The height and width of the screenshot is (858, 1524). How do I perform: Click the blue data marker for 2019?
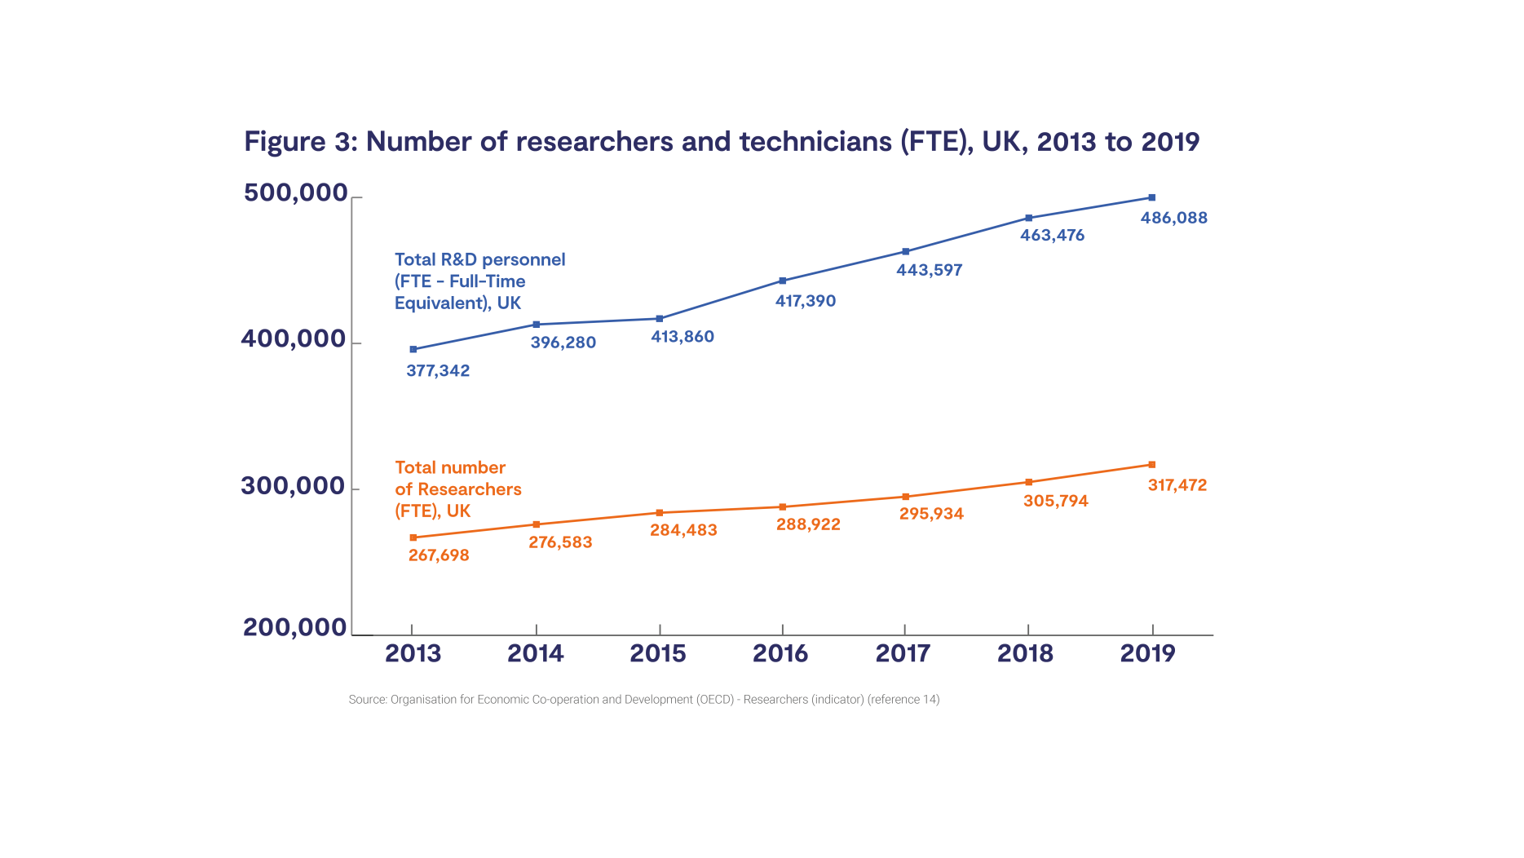pyautogui.click(x=1151, y=197)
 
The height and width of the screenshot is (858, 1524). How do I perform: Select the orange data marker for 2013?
pyautogui.click(x=413, y=537)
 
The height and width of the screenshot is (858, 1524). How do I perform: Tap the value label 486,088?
pyautogui.click(x=1173, y=218)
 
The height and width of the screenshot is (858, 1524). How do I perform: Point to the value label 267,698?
pyautogui.click(x=439, y=555)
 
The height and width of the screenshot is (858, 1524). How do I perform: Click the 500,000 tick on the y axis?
pyautogui.click(x=296, y=192)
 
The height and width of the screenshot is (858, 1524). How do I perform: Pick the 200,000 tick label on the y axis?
pyautogui.click(x=295, y=627)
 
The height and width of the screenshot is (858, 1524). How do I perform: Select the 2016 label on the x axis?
pyautogui.click(x=780, y=653)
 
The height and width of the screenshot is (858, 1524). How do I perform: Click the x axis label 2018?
pyautogui.click(x=1025, y=653)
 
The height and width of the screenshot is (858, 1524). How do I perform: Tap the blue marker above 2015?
pyautogui.click(x=660, y=319)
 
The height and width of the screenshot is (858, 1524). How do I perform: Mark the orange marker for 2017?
pyautogui.click(x=906, y=497)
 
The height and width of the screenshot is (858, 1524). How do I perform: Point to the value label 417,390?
pyautogui.click(x=805, y=301)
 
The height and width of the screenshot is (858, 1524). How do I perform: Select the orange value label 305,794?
pyautogui.click(x=1055, y=501)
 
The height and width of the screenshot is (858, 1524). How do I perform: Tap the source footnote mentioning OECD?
pyautogui.click(x=643, y=700)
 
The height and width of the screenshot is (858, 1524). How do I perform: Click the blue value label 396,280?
pyautogui.click(x=563, y=343)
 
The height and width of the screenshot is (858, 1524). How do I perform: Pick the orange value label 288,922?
pyautogui.click(x=807, y=524)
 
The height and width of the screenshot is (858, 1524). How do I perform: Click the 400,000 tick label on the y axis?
pyautogui.click(x=294, y=338)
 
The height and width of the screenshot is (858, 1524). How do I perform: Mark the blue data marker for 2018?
pyautogui.click(x=1028, y=218)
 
